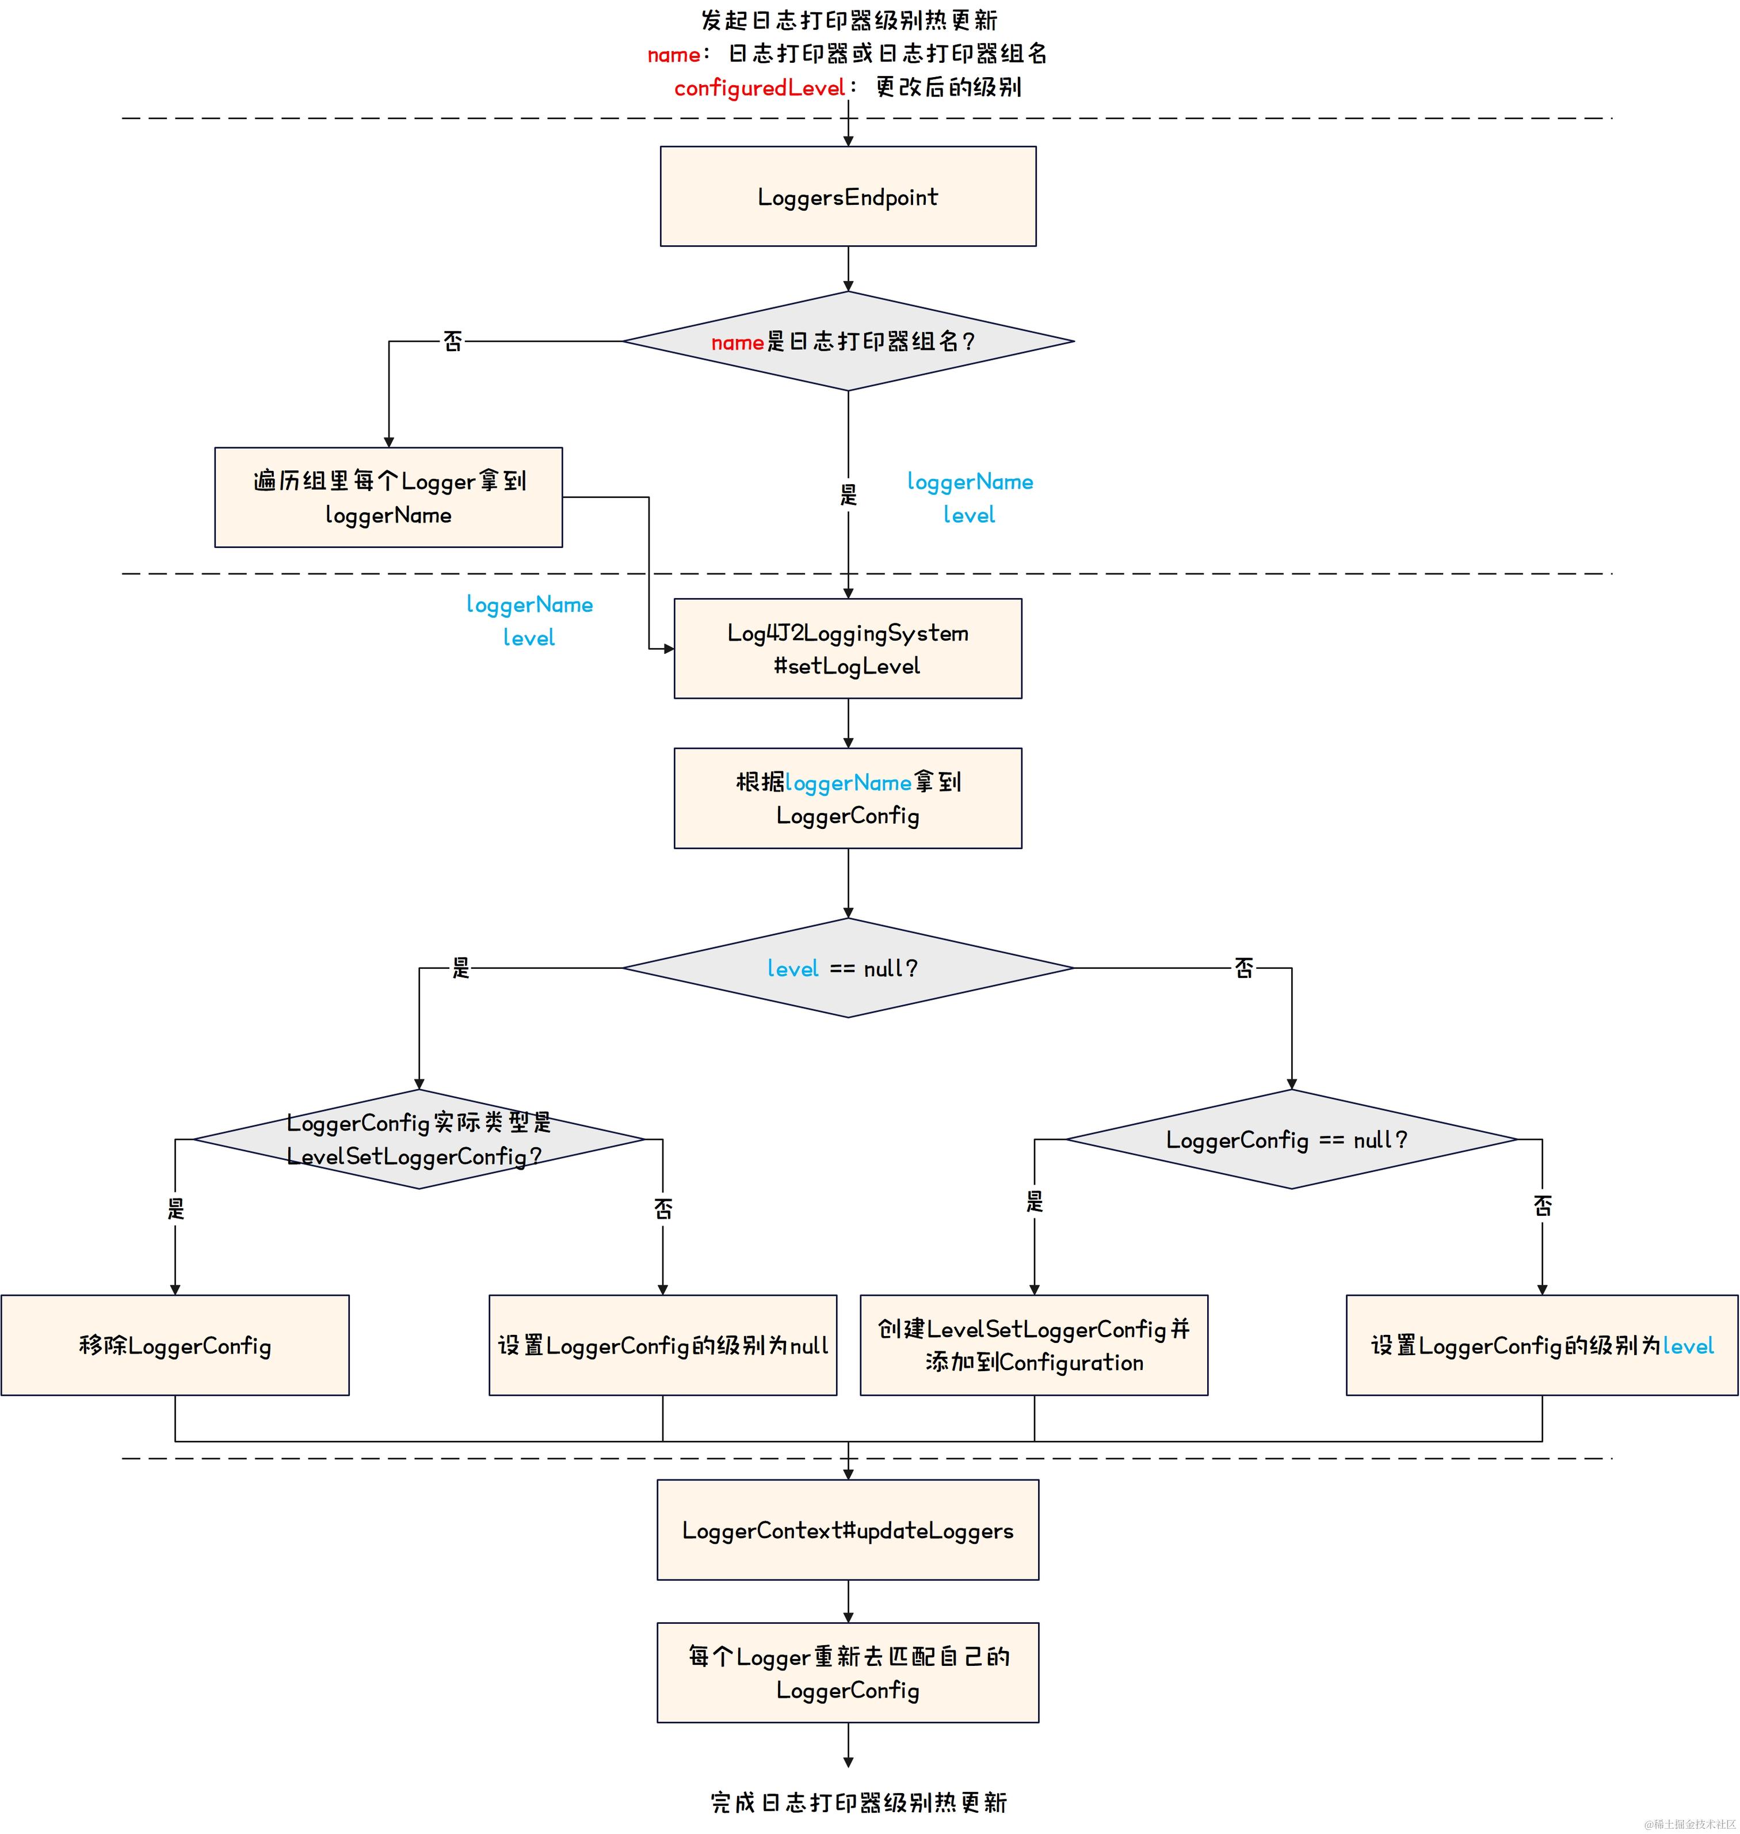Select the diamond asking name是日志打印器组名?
(x=848, y=341)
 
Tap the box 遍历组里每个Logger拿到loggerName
(x=388, y=497)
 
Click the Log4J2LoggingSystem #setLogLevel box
(x=848, y=648)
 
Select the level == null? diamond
(x=848, y=968)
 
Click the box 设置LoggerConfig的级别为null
(x=662, y=1345)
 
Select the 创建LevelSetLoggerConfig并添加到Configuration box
(x=1033, y=1345)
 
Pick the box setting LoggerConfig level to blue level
(x=1541, y=1345)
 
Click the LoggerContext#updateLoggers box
(x=848, y=1529)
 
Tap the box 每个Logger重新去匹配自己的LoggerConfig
(x=848, y=1673)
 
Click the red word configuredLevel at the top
(x=759, y=88)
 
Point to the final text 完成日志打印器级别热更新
(x=859, y=1802)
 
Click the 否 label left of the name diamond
(x=453, y=341)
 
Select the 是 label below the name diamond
(x=848, y=493)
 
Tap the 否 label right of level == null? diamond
(x=1244, y=968)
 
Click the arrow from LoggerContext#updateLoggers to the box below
(x=848, y=1601)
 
